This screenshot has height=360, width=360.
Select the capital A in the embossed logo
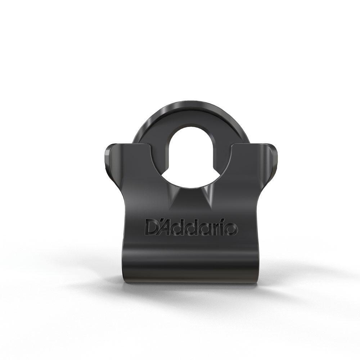coord(166,228)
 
